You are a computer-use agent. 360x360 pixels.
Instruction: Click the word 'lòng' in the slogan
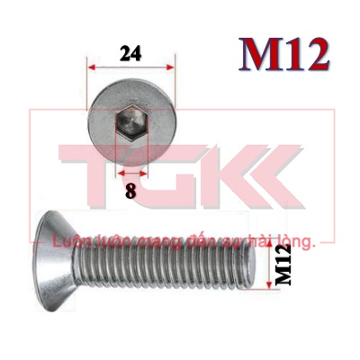tap(296, 242)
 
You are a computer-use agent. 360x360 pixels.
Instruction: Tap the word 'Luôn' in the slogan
tap(71, 241)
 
